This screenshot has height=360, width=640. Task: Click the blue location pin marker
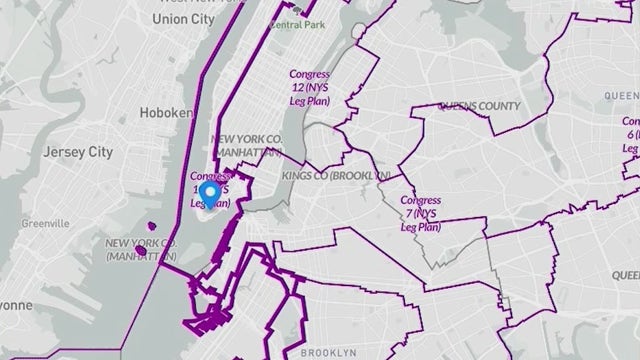(210, 193)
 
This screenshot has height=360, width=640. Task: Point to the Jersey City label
(73, 153)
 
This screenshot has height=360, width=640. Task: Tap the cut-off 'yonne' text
(16, 304)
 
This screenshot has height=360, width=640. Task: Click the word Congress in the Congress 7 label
(420, 200)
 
